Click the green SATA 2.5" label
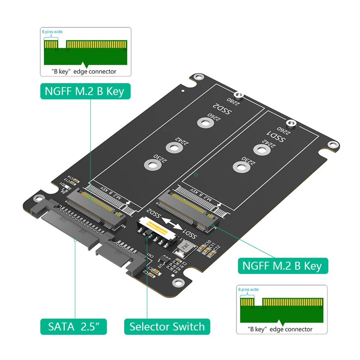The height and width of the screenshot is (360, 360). [x=73, y=327]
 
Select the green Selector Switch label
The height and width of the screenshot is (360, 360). [x=167, y=327]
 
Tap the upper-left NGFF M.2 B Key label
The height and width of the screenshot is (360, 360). [x=85, y=91]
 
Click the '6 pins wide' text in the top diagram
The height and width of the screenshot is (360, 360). [x=53, y=32]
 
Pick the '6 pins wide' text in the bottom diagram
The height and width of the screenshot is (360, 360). [x=248, y=290]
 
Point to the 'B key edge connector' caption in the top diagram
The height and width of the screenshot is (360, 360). [x=85, y=72]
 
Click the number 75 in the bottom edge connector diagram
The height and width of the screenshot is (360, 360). [x=320, y=308]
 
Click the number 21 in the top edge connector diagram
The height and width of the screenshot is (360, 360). [x=68, y=50]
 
